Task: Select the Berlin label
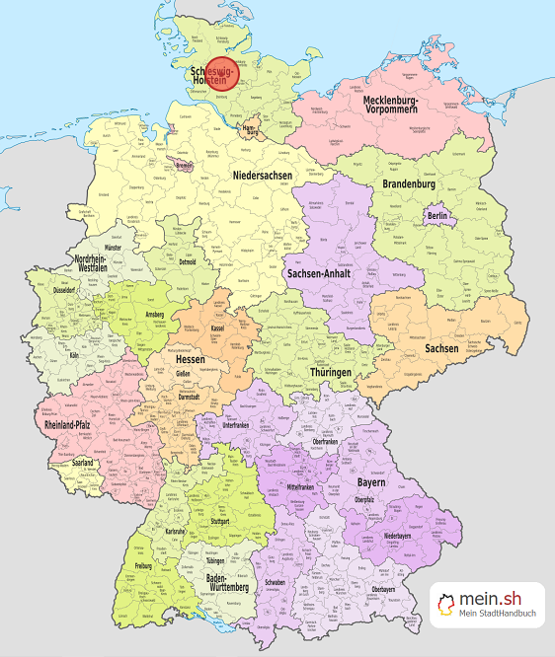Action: point(438,216)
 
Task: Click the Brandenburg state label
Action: point(410,183)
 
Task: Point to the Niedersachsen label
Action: point(264,175)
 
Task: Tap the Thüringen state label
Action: point(327,372)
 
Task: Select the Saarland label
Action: point(82,463)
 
